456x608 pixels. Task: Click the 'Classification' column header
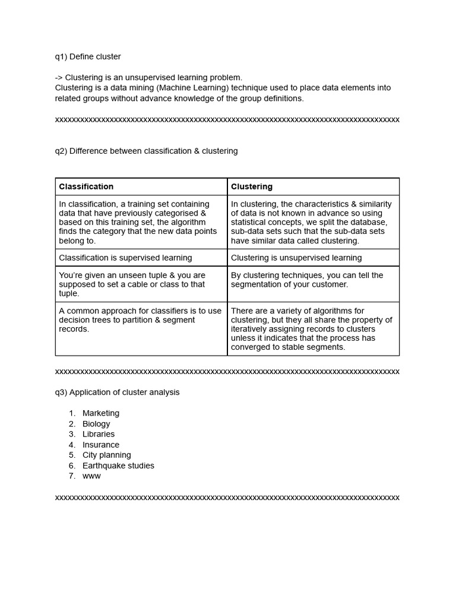[86, 186]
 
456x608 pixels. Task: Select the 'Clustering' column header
[252, 186]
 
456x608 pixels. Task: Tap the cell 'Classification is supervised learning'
[125, 258]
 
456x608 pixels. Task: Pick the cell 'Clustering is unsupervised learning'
[296, 258]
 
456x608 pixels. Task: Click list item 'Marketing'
[101, 413]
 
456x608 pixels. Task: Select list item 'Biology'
[96, 424]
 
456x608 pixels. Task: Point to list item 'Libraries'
[99, 434]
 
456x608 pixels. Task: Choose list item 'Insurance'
[101, 445]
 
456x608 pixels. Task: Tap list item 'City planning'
[107, 455]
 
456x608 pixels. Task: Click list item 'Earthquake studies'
[118, 465]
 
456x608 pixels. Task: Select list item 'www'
[91, 476]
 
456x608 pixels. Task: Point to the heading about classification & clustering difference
[146, 151]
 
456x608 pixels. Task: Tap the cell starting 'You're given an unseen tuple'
[132, 284]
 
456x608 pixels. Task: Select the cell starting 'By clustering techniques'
[307, 280]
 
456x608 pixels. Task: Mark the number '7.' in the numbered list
[72, 476]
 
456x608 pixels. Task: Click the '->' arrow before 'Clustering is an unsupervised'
[59, 78]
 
